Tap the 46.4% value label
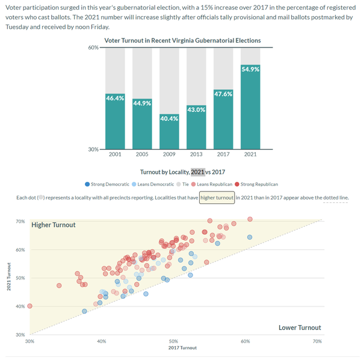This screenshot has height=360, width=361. pyautogui.click(x=115, y=98)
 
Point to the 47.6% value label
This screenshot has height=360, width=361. pyautogui.click(x=223, y=94)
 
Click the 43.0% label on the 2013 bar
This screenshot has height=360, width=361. pyautogui.click(x=196, y=110)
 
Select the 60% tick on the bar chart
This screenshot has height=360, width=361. pyautogui.click(x=93, y=48)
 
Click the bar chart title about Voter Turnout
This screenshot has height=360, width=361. pyautogui.click(x=182, y=40)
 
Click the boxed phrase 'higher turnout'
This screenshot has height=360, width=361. pyautogui.click(x=217, y=197)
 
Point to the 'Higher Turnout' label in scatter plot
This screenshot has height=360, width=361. pyautogui.click(x=54, y=225)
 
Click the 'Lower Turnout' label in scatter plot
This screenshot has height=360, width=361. pyautogui.click(x=300, y=327)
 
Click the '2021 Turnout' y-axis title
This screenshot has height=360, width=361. pyautogui.click(x=9, y=278)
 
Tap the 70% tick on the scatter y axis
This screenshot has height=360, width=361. pyautogui.click(x=20, y=222)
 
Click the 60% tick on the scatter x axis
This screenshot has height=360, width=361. pyautogui.click(x=245, y=341)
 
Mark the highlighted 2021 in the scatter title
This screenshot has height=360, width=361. pyautogui.click(x=198, y=172)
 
